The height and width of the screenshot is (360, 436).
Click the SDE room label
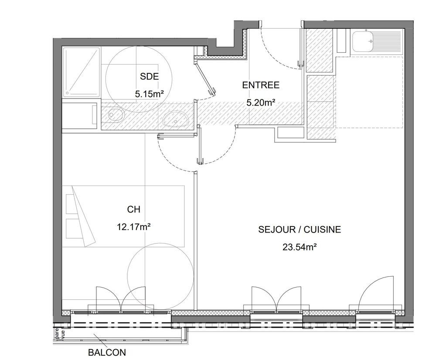149,77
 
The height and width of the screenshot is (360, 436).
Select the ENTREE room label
261,86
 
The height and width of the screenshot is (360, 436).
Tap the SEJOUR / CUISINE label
300,230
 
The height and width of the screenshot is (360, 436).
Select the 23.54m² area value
300,247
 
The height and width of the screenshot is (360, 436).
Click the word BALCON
107,353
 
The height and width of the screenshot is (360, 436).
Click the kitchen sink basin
362,42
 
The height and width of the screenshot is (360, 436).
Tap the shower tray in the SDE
82,72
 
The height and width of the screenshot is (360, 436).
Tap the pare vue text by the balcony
59,333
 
